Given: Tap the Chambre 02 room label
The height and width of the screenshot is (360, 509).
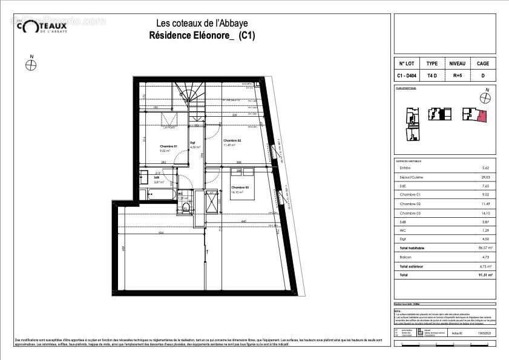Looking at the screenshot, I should [x=232, y=140].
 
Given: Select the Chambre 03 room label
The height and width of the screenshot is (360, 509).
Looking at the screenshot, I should [x=240, y=188].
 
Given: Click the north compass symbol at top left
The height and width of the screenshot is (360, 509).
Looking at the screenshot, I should [x=31, y=65].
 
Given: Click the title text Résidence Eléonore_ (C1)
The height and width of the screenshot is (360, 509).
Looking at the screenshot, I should [x=202, y=36].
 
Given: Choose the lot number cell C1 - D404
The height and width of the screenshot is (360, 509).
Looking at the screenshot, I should [x=406, y=76].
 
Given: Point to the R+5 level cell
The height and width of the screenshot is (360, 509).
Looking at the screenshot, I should [x=457, y=76].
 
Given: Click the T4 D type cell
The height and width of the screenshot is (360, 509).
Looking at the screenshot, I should [x=432, y=76].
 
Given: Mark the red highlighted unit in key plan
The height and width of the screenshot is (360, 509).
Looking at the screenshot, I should [x=482, y=116].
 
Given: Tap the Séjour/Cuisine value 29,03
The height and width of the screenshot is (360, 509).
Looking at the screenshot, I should [x=484, y=178].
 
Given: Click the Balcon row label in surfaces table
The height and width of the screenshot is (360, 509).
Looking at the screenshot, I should [x=405, y=257].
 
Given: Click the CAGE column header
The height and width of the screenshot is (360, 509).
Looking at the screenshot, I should [x=482, y=63].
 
